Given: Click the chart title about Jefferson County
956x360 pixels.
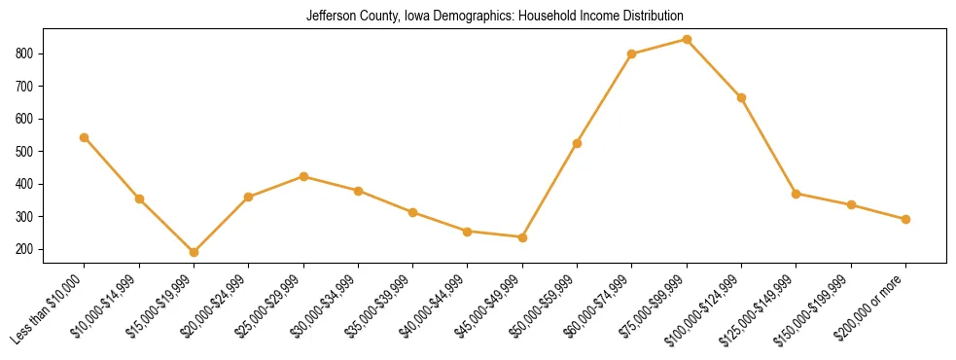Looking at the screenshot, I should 494,17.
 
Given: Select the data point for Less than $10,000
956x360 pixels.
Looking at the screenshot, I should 85,137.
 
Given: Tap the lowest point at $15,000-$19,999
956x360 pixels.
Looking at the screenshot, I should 195,252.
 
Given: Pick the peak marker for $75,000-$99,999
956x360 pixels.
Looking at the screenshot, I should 687,40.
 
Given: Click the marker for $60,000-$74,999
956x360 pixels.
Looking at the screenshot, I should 632,54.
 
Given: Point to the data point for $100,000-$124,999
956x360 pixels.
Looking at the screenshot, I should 742,97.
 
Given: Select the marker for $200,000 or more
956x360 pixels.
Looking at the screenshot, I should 905,219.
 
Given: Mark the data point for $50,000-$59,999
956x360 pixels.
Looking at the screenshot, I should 578,143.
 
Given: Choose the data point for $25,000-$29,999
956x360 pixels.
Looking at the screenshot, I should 303,176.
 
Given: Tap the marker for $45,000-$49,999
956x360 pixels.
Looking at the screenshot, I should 522,237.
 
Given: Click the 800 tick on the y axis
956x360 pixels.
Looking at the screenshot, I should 29,54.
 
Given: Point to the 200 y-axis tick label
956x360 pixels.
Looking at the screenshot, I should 29,249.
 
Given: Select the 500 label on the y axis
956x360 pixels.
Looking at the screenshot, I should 29,152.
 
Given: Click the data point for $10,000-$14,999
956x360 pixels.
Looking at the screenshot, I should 140,198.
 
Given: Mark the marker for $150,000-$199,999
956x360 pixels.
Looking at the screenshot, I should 851,204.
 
